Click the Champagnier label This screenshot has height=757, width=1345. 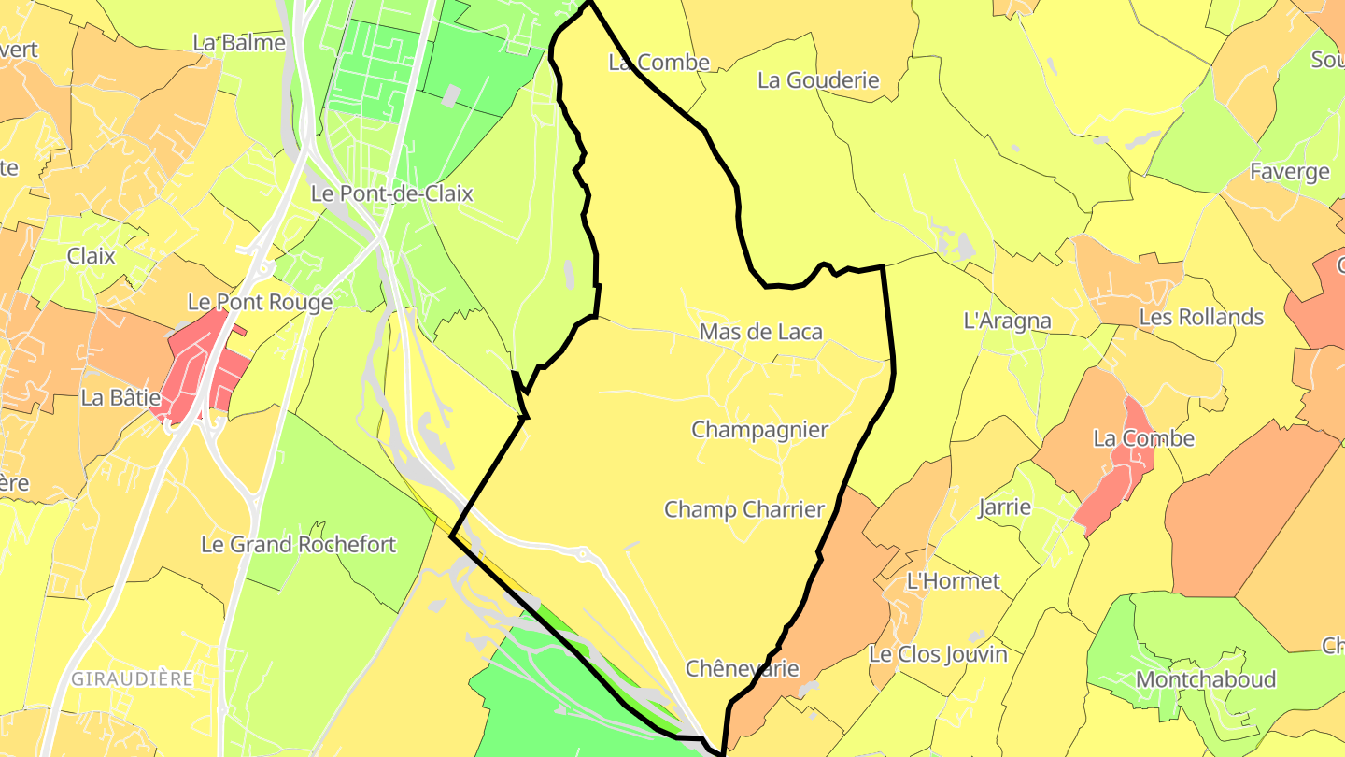pos(759,430)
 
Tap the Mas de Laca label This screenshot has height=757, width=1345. pos(760,332)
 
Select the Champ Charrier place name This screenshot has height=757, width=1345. pos(744,509)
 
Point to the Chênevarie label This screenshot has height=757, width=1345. pos(742,668)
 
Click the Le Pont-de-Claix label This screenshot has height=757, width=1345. pos(391,194)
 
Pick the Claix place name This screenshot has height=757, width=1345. pos(91,255)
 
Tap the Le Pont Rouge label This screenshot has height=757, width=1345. pos(260,303)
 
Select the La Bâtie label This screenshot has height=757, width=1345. pos(120,397)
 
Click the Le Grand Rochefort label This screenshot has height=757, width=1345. pos(299,544)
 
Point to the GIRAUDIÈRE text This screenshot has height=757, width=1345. pos(132,678)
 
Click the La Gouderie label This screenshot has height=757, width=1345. pos(818,80)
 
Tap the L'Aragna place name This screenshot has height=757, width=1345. pos(1007,321)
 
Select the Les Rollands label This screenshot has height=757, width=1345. pos(1201,317)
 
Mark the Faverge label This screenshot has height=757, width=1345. pos(1289,172)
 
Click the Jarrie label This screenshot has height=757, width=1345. pos(1004,507)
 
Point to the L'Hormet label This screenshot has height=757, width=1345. pos(953,581)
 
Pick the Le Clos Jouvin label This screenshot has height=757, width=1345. pos(938,654)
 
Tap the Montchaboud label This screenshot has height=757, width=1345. pos(1205,679)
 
